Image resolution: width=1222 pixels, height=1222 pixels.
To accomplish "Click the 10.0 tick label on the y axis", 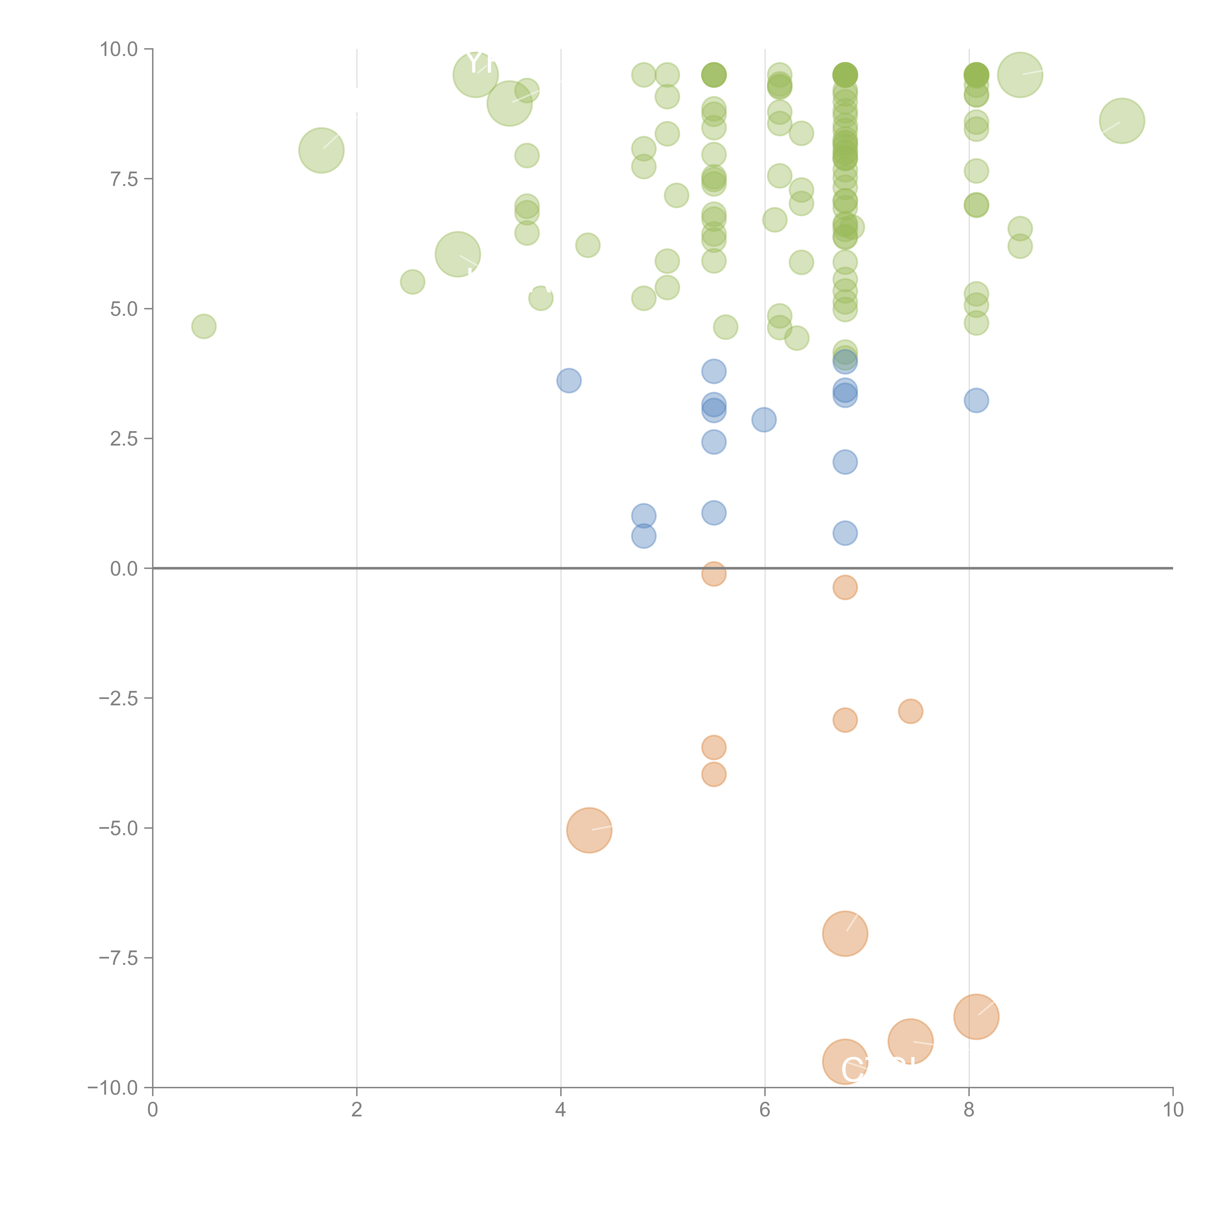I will (119, 49).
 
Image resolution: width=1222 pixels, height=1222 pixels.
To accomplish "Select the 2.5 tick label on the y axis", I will (124, 439).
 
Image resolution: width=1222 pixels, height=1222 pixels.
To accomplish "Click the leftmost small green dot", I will (204, 326).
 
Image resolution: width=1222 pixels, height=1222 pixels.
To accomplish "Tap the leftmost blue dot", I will (569, 381).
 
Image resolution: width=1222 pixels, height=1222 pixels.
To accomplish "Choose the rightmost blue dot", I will (976, 400).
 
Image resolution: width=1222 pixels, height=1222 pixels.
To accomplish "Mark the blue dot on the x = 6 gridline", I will (764, 419).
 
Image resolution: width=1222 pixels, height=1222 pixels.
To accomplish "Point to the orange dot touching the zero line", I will (713, 574).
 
